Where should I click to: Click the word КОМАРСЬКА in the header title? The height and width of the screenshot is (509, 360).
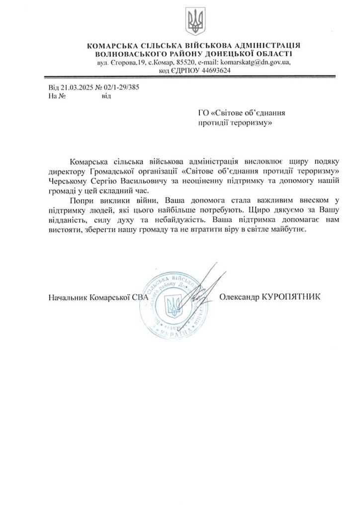pyautogui.click(x=112, y=46)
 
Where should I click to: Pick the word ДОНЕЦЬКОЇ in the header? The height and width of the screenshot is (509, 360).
pyautogui.click(x=221, y=54)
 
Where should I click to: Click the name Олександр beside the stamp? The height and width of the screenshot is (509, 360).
pyautogui.click(x=239, y=296)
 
